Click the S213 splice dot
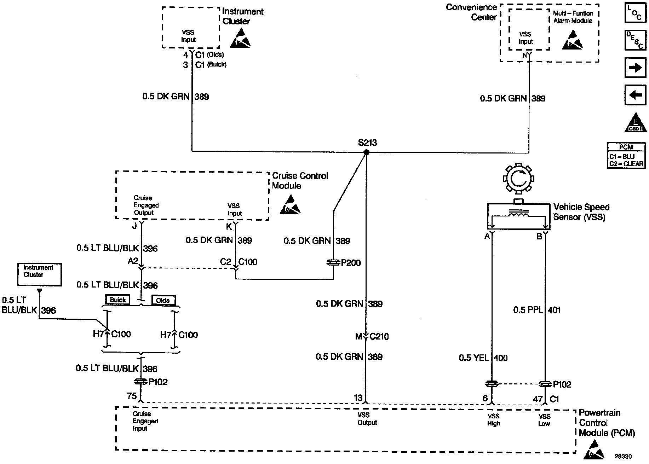367,152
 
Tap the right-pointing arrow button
636,67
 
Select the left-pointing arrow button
636,95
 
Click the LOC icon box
636,13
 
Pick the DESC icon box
636,40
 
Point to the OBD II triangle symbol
636,123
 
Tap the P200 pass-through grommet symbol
333,263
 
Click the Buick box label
118,300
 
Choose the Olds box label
163,301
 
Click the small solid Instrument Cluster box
39,274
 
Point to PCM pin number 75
132,396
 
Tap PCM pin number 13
358,398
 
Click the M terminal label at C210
358,337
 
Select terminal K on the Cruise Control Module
229,226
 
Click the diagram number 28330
623,457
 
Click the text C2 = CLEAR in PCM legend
626,164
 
